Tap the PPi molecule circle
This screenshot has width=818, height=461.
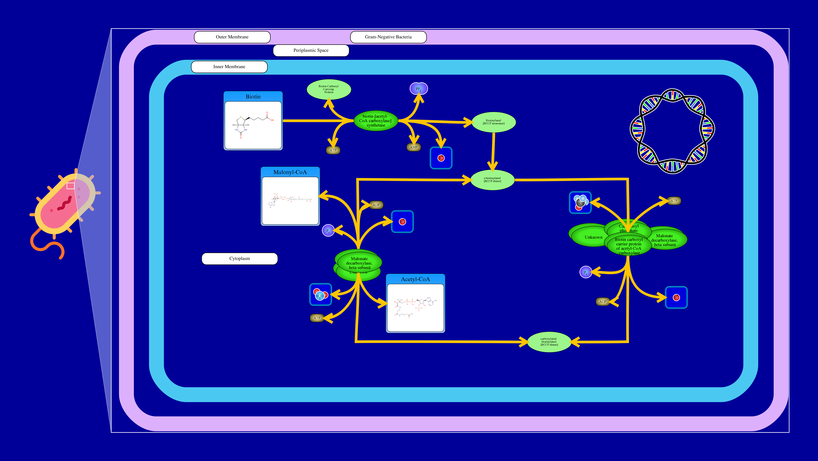coord(419,89)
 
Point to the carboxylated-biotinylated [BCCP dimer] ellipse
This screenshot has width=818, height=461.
coord(549,342)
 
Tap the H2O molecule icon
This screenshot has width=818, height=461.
coord(320,295)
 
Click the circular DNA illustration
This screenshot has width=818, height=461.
coord(672,131)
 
